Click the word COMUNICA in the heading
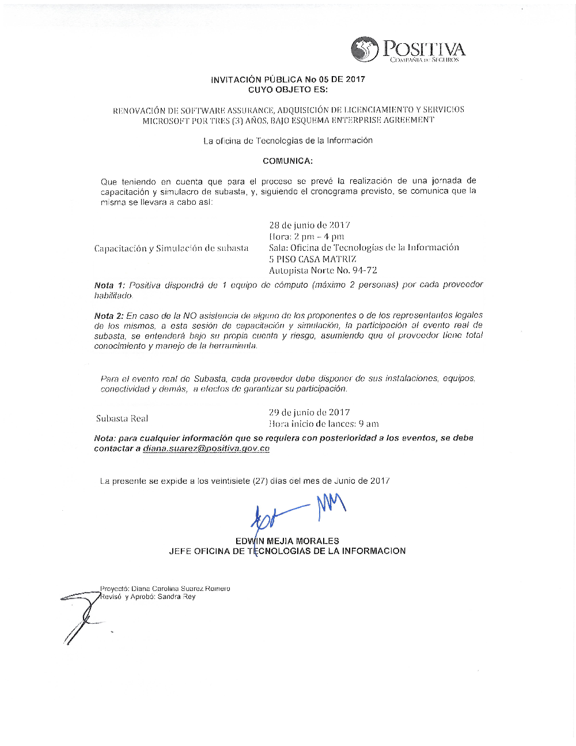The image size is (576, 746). pos(287,161)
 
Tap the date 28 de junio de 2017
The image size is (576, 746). pos(309,225)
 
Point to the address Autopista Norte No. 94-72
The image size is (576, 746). pos(323,270)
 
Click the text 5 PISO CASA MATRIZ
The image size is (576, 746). pos(312,259)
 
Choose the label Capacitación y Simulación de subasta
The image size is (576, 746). pos(171,248)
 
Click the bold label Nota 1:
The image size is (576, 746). pos(109,285)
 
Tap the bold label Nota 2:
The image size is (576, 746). pos(109,315)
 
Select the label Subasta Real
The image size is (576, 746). pos(122,419)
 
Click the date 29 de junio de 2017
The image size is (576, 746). pos(309,412)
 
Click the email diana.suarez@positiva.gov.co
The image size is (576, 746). pos(206,449)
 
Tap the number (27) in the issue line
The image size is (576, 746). pos(260,481)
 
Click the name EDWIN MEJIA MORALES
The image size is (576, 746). pos(287,541)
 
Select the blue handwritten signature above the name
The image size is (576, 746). pos(297,510)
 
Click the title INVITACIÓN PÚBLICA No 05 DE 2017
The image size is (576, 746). pos(287,80)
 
